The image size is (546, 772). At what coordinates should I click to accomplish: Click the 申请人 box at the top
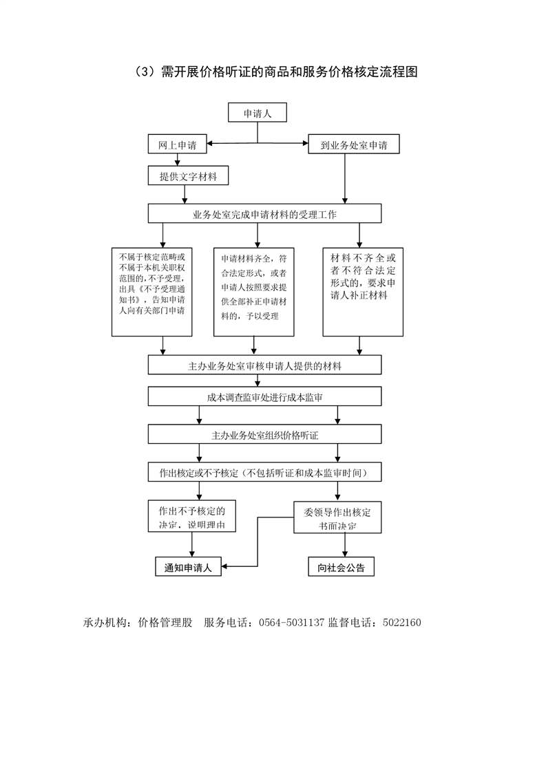tap(258, 114)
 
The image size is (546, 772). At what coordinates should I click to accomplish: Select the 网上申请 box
tap(177, 144)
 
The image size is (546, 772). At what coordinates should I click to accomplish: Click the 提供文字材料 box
tap(188, 177)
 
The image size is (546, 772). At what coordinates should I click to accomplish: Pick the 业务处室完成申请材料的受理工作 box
tap(264, 214)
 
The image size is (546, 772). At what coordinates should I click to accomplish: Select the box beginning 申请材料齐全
tap(254, 291)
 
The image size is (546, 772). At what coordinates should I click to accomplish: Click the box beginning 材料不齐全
tap(363, 291)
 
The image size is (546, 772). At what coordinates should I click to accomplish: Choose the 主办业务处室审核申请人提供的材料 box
tap(264, 365)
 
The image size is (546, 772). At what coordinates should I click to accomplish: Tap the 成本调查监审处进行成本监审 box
tap(264, 396)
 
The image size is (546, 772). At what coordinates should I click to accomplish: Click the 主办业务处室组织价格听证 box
tap(264, 435)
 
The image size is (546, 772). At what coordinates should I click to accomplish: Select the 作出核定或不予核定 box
tap(264, 473)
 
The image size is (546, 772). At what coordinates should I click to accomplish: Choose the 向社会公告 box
tap(341, 567)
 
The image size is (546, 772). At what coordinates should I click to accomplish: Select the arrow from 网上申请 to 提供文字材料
tap(178, 160)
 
